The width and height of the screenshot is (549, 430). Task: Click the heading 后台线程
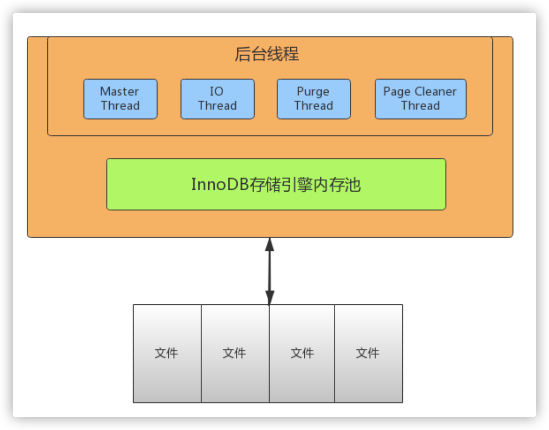tap(267, 54)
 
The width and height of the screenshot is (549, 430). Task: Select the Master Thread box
tap(120, 99)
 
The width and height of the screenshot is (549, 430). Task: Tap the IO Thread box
tap(217, 99)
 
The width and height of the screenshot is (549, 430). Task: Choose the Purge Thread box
tap(314, 99)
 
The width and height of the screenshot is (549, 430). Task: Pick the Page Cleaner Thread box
tap(420, 99)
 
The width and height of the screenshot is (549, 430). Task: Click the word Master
tap(120, 91)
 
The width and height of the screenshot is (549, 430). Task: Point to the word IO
tap(217, 91)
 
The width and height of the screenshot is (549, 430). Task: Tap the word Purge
tap(313, 92)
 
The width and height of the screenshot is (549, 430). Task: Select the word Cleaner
tap(435, 91)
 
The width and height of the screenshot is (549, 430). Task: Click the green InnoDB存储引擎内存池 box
tap(276, 184)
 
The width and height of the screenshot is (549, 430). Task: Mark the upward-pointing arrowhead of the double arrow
tap(270, 244)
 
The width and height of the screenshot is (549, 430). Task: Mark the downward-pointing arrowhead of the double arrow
tap(270, 298)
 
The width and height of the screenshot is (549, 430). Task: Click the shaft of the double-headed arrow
tap(270, 271)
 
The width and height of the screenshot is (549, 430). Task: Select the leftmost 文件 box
tap(167, 353)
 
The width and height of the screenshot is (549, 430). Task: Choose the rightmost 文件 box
tap(369, 353)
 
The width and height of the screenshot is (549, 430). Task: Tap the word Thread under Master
tap(120, 106)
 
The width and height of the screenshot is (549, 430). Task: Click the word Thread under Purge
tap(314, 106)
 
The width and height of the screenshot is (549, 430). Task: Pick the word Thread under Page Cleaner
tap(421, 106)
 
